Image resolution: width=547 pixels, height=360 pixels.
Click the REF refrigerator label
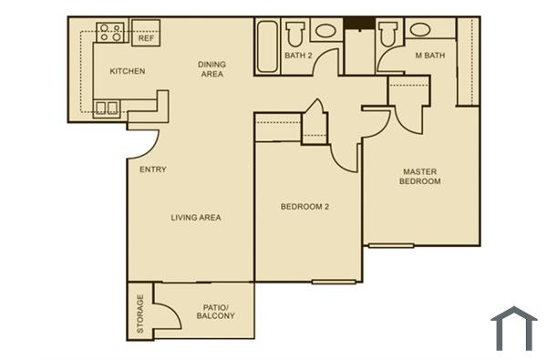click(145, 38)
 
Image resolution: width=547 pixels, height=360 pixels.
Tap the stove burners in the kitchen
click(111, 33)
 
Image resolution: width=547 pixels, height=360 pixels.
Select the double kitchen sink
click(106, 108)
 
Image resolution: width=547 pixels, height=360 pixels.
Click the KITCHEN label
click(128, 71)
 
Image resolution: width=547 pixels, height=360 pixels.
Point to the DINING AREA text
click(212, 69)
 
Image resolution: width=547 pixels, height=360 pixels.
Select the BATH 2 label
click(298, 56)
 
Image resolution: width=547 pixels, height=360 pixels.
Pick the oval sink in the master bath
click(420, 29)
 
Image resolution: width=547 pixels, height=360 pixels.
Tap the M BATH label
click(429, 56)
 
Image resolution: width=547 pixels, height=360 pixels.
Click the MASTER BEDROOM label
click(419, 176)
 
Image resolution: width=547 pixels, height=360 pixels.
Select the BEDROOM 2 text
click(304, 207)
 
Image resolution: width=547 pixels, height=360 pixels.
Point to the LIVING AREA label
click(196, 217)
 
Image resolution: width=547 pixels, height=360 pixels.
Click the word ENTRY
click(152, 170)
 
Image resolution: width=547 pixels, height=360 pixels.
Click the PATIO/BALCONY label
click(215, 312)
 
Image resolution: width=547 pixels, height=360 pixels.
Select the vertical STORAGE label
click(140, 314)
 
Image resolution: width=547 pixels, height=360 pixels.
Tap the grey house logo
click(513, 328)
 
